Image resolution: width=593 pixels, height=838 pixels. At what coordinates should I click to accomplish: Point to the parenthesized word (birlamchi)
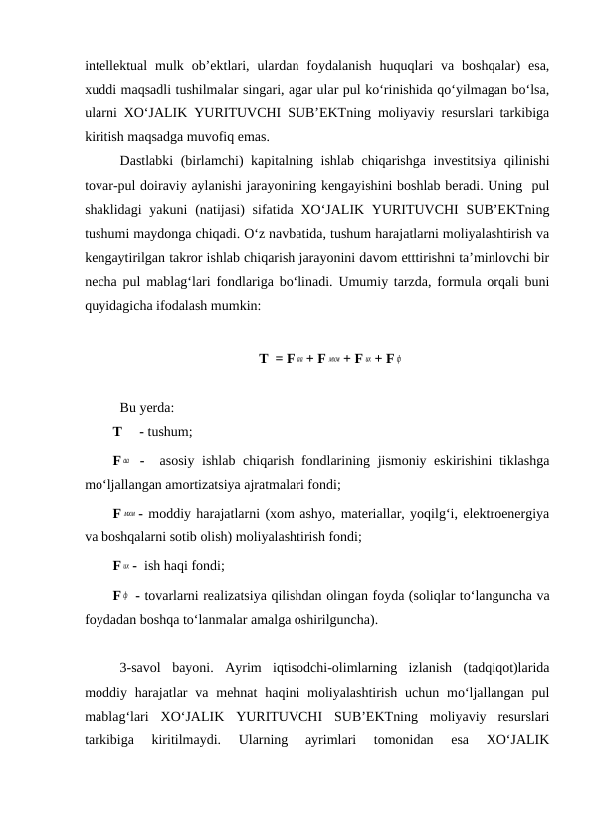[228, 161]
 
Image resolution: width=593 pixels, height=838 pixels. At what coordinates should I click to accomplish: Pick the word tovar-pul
[112, 185]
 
